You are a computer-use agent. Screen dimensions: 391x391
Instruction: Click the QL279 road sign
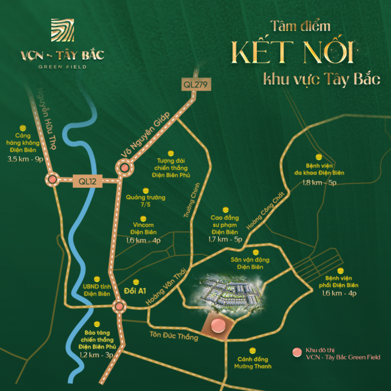tap(197, 85)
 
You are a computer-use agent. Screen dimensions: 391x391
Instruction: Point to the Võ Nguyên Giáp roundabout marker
tap(125, 169)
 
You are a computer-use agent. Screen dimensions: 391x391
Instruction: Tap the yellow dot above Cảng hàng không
tap(23, 128)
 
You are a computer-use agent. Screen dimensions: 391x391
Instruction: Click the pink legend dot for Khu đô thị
tap(295, 352)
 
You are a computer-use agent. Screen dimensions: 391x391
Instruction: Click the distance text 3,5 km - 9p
tap(24, 159)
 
